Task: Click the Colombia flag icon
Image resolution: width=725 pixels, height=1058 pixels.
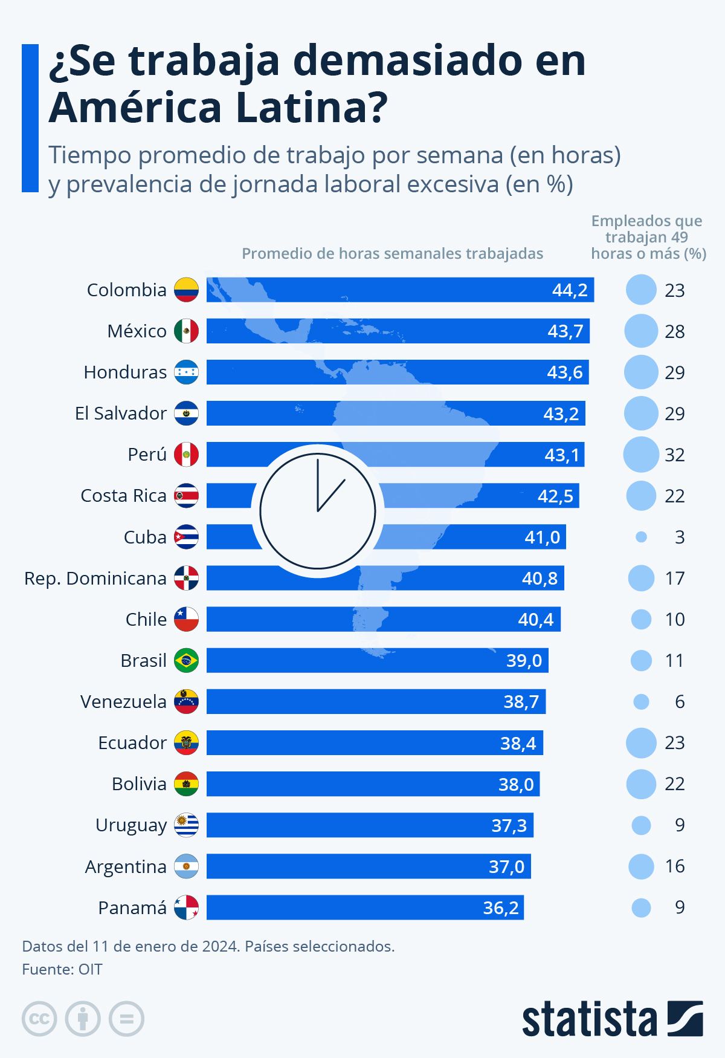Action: coord(186,290)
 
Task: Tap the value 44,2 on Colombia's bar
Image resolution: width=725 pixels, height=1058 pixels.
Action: coord(569,290)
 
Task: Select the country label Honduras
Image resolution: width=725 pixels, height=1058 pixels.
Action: coord(125,372)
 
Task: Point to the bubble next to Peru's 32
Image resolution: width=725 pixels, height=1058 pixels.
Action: coord(641,455)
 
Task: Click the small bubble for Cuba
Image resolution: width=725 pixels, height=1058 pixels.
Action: coord(641,537)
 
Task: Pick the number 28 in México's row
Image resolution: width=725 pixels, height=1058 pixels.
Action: coord(674,332)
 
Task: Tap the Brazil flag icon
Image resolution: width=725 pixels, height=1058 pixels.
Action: coord(186,660)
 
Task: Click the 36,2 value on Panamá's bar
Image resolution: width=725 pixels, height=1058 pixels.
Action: coord(500,907)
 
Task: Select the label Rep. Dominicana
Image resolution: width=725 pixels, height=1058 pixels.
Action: coord(95,579)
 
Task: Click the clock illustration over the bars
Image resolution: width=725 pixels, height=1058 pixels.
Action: coord(318,511)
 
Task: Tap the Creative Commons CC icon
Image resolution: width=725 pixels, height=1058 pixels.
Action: coord(39,1019)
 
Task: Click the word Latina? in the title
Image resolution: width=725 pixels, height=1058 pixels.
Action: coord(311,107)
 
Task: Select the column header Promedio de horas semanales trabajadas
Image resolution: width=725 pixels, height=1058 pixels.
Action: coord(392,253)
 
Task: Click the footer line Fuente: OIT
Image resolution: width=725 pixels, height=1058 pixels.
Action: coord(62,969)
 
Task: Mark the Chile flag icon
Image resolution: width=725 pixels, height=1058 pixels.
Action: coord(186,619)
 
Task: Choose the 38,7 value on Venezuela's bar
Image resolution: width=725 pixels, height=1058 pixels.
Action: coord(521,701)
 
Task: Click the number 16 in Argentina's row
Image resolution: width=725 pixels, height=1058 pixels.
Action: coord(674,866)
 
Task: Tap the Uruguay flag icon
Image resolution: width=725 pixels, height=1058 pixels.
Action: coord(186,825)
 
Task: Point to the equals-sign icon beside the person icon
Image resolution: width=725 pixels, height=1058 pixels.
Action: coord(126,1019)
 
